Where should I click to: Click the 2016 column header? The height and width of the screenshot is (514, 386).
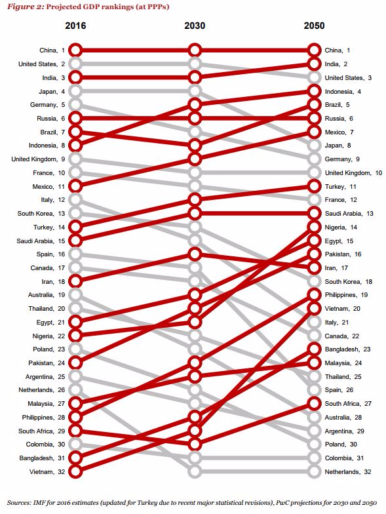(75, 26)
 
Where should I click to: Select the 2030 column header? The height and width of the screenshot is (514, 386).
(195, 26)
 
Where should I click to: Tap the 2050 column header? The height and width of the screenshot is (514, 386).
(314, 26)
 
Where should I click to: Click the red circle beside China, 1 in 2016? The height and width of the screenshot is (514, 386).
(75, 50)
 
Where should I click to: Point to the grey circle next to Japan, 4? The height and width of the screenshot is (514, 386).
(75, 91)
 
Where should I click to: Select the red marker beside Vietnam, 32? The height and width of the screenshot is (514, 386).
(75, 471)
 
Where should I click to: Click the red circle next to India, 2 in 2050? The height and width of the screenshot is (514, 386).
(314, 64)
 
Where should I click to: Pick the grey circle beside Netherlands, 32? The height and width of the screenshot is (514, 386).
(314, 471)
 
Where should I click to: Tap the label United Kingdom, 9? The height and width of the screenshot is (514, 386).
(38, 159)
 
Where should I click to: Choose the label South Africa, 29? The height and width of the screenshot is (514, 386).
(42, 431)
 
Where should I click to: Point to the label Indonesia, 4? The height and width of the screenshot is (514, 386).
(343, 92)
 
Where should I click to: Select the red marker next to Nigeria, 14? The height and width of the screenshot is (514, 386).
(314, 227)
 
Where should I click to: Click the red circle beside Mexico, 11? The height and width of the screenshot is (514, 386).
(75, 186)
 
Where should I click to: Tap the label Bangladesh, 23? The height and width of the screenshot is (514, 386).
(347, 349)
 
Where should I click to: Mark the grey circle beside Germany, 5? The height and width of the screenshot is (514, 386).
(75, 105)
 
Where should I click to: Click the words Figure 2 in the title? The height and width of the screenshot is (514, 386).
(25, 7)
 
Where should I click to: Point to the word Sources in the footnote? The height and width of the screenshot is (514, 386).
(18, 502)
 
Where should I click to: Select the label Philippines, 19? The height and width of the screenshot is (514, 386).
(346, 295)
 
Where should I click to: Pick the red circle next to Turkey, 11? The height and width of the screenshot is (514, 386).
(314, 186)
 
